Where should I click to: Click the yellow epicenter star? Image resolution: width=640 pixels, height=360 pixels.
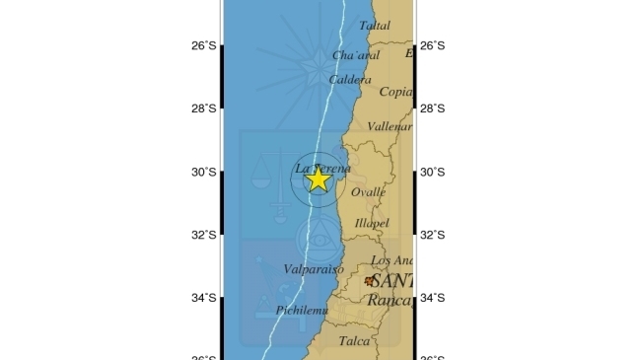(x=318, y=178)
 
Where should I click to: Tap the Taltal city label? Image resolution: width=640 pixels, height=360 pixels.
(x=375, y=26)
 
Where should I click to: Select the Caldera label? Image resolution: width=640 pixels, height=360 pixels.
(x=351, y=79)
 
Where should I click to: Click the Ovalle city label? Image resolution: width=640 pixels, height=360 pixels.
(x=368, y=192)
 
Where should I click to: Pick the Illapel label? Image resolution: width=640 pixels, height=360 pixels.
(x=372, y=224)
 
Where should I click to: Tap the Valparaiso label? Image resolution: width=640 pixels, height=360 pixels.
(x=285, y=268)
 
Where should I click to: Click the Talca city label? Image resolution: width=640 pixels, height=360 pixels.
(x=354, y=341)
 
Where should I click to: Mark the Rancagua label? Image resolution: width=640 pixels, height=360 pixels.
(x=391, y=299)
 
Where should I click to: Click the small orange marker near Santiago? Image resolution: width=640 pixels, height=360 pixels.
(x=369, y=281)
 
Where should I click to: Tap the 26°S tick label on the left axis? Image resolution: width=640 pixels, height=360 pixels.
(x=204, y=45)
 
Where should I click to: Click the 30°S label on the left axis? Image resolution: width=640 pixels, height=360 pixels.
(x=204, y=172)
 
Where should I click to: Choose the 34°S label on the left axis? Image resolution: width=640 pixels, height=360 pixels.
(x=204, y=298)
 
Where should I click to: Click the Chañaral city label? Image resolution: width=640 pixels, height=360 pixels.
(x=356, y=55)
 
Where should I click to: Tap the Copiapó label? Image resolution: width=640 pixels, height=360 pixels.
(x=396, y=92)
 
